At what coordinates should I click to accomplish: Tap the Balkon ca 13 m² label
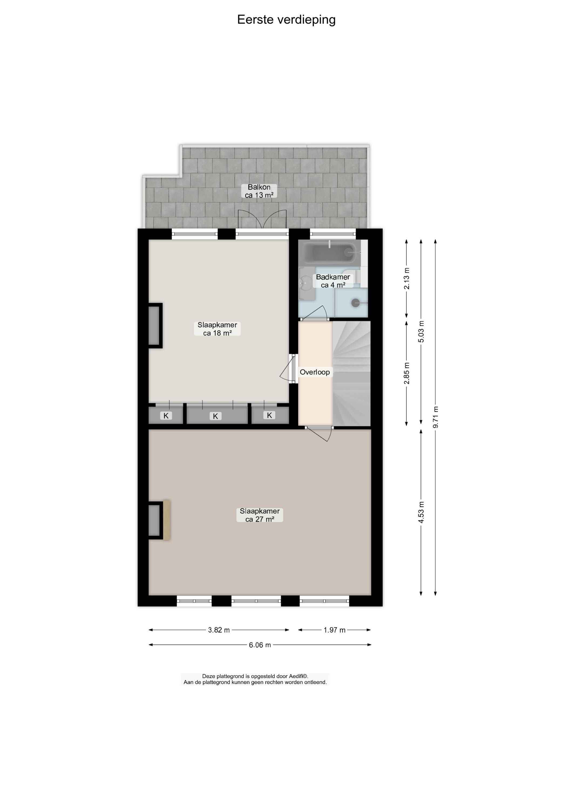pos(259,191)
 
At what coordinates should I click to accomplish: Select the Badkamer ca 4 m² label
pos(333,281)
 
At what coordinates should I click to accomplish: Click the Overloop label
pos(315,372)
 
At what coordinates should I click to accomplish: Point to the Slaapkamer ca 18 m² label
pos(217,329)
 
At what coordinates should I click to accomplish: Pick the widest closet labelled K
pos(217,416)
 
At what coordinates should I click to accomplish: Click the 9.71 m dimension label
pos(435,417)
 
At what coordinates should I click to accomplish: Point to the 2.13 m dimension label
pos(406,279)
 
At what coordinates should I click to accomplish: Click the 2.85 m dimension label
pos(406,373)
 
